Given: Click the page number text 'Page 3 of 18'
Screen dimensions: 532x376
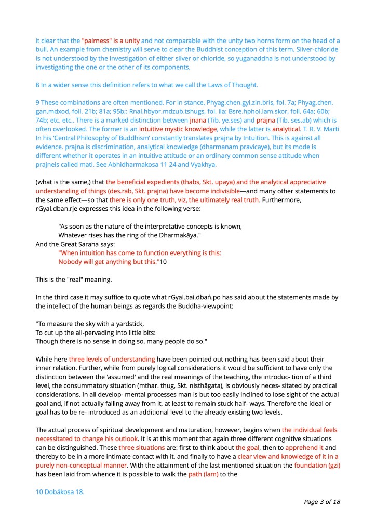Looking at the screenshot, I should tap(322, 502).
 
